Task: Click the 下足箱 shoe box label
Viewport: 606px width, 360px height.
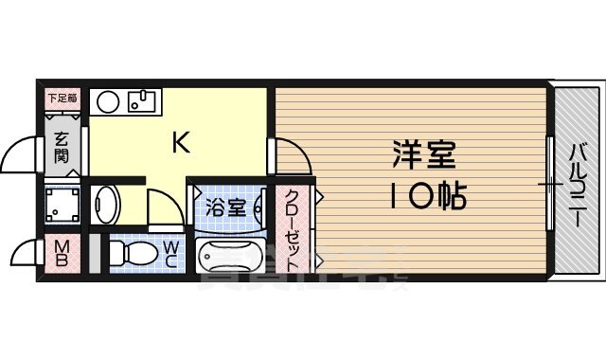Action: pos(63,96)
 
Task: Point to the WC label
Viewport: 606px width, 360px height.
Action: pos(171,253)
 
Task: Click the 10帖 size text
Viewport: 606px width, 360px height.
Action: pos(424,196)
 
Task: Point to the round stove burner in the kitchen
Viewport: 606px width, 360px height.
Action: pos(107,99)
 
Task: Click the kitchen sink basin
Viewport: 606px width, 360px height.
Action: pos(143,99)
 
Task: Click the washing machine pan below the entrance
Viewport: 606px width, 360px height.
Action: pos(63,204)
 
